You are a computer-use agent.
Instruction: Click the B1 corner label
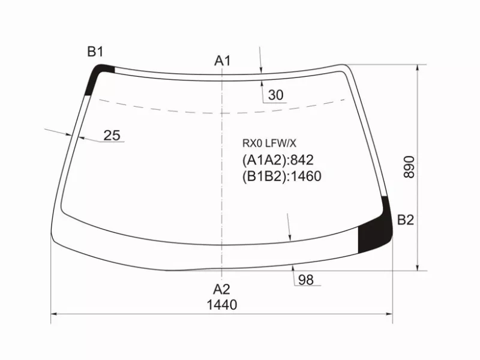tap(95, 52)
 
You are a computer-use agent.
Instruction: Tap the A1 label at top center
tap(222, 61)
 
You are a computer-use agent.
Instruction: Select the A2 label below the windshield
tap(221, 289)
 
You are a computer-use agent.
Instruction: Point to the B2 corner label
tap(406, 220)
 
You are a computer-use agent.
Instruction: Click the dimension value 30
tap(275, 95)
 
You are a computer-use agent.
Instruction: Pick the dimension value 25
tap(112, 136)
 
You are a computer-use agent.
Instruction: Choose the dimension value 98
tap(305, 280)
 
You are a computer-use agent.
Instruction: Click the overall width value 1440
tap(222, 305)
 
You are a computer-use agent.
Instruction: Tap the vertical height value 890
tap(409, 167)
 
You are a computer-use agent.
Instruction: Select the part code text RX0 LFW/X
tap(269, 143)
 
